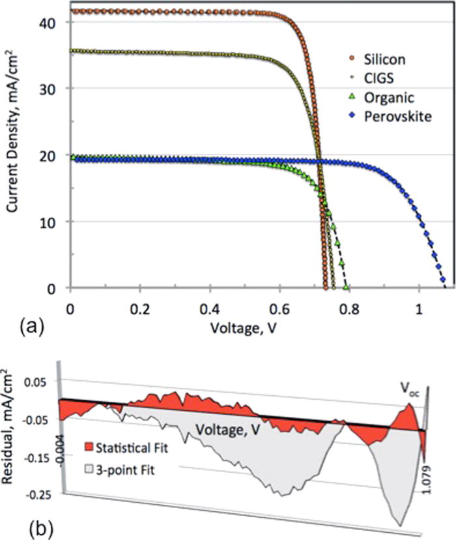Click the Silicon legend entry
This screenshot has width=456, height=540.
click(376, 60)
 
